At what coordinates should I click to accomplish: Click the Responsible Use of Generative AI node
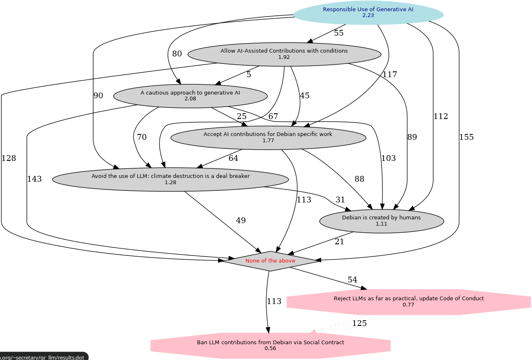(368, 12)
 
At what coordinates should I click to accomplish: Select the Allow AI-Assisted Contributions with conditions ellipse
(284, 54)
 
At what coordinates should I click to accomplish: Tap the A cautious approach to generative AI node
(190, 96)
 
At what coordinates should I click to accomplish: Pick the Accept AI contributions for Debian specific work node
(268, 138)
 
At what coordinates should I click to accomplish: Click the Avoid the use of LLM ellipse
(170, 180)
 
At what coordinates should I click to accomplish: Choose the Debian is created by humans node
(381, 221)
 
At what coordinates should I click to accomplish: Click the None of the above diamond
(270, 261)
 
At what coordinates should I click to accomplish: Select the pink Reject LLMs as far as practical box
(408, 302)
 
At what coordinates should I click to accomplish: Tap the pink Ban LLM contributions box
(270, 345)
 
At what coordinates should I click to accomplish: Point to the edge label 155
(466, 137)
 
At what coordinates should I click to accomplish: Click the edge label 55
(339, 33)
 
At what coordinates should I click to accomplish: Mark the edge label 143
(34, 179)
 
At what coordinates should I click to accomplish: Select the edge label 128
(9, 158)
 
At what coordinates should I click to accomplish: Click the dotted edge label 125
(360, 324)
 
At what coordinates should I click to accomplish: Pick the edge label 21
(339, 242)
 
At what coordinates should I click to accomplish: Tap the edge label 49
(241, 221)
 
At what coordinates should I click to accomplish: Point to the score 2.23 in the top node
(368, 15)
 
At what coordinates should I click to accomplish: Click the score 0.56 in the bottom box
(270, 348)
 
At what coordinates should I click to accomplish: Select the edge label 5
(249, 75)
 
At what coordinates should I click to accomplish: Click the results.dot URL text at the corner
(42, 358)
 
